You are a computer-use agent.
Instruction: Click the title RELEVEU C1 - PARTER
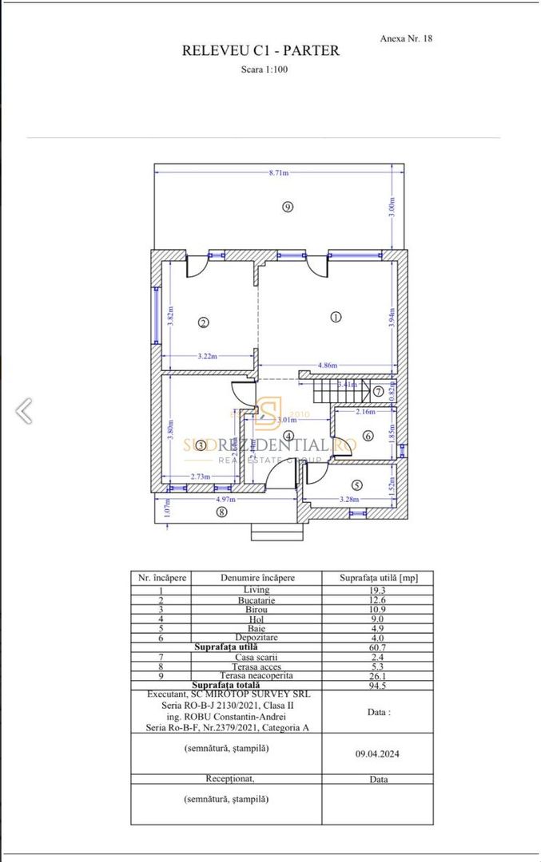[x=261, y=51]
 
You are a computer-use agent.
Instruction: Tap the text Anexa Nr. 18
[x=406, y=38]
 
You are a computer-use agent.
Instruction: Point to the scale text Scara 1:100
[x=265, y=69]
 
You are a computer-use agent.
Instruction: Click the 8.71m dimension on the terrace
[x=279, y=172]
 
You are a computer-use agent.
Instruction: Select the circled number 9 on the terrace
[x=288, y=207]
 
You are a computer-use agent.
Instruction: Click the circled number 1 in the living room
[x=336, y=317]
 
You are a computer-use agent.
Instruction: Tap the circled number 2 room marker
[x=204, y=323]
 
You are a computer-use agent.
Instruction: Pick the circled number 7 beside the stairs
[x=378, y=391]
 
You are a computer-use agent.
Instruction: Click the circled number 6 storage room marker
[x=368, y=436]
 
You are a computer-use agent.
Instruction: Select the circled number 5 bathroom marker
[x=356, y=484]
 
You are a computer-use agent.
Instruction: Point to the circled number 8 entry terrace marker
[x=221, y=512]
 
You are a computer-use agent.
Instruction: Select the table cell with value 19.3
[x=377, y=590]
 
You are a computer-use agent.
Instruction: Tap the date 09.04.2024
[x=377, y=751]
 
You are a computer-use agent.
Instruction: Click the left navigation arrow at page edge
[x=24, y=410]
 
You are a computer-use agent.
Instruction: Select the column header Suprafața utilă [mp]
[x=377, y=578]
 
